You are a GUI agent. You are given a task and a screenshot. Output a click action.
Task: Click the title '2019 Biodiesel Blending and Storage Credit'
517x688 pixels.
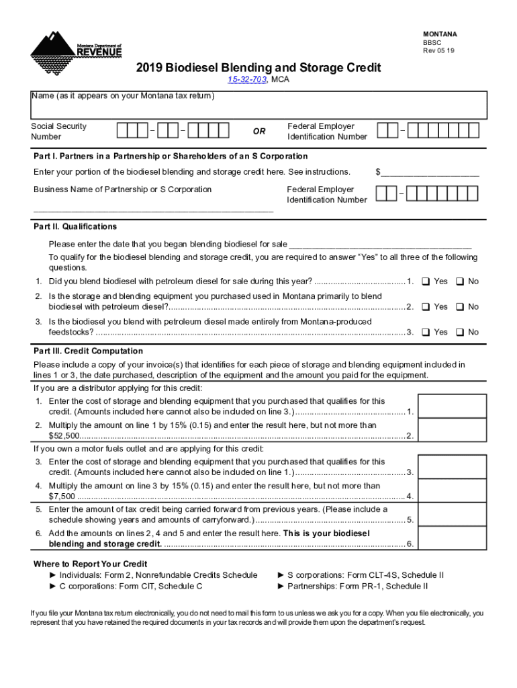(x=258, y=68)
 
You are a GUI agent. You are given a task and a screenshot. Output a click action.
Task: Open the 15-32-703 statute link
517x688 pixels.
(x=246, y=80)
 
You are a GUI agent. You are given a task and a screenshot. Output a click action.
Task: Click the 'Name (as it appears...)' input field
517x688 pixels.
(x=258, y=109)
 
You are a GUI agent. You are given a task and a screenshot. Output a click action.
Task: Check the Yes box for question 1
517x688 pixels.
(x=425, y=282)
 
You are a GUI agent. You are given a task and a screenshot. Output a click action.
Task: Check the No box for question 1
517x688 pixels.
(x=460, y=282)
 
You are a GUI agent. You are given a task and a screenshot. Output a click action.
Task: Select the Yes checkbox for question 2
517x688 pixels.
(x=425, y=307)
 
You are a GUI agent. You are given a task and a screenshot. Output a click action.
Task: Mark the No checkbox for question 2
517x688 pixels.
(x=460, y=307)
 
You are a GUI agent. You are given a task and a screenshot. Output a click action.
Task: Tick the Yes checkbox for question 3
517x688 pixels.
(x=425, y=333)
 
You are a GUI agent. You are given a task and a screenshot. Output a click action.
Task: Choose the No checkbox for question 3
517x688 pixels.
(x=460, y=333)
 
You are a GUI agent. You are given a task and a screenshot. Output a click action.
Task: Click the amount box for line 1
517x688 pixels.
(x=452, y=406)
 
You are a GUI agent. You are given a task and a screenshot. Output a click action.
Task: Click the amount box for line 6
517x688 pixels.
(x=452, y=538)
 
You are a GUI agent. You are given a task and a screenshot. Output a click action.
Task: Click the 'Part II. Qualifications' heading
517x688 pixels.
(x=75, y=226)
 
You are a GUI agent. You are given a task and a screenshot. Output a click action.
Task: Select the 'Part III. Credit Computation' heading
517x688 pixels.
(x=88, y=351)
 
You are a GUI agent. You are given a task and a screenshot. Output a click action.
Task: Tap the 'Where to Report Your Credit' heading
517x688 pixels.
(x=90, y=564)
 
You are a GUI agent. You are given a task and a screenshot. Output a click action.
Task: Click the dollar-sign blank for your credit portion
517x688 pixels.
(x=430, y=173)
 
